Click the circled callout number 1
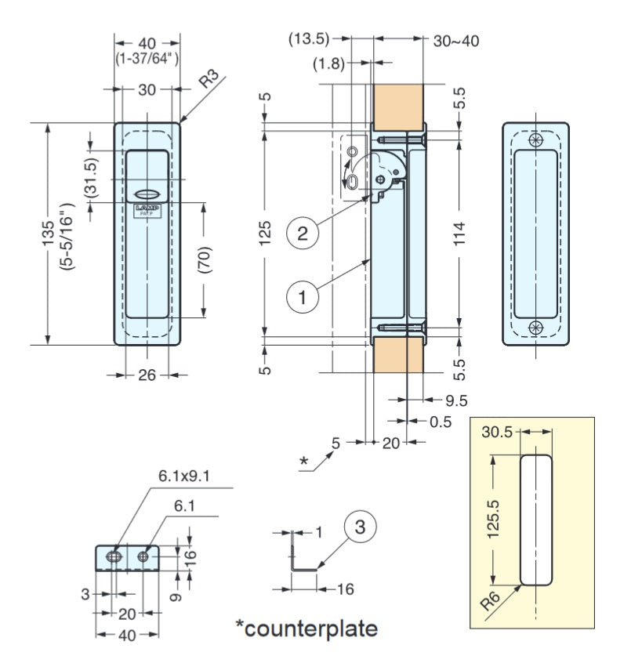click(x=303, y=297)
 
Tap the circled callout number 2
click(x=303, y=232)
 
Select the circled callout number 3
click(x=358, y=527)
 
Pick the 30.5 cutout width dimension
click(x=497, y=432)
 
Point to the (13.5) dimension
click(x=309, y=38)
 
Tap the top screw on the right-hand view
click(x=536, y=140)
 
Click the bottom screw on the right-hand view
click(x=536, y=327)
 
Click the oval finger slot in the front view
click(x=147, y=194)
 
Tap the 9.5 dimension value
click(x=455, y=400)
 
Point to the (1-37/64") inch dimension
click(x=147, y=58)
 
